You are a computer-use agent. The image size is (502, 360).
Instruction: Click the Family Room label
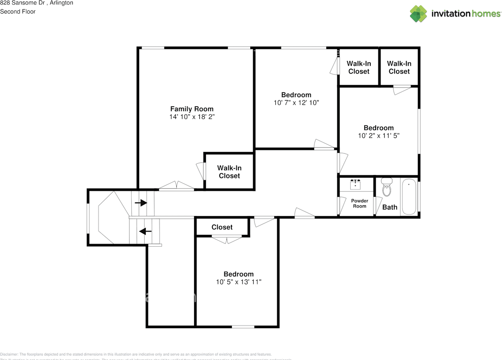point(192,109)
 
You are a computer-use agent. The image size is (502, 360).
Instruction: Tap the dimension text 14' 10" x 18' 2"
point(192,117)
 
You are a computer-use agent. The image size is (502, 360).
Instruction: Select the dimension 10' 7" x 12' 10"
point(296,103)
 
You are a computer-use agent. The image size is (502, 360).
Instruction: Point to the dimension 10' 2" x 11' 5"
point(378,136)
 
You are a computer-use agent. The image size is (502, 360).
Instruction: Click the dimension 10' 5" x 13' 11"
point(238,282)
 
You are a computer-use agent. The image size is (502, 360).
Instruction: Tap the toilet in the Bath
point(387,188)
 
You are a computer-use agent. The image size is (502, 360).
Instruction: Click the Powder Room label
point(359,203)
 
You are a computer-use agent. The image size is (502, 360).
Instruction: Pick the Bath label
point(389,207)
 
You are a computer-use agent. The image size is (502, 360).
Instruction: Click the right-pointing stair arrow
point(141,203)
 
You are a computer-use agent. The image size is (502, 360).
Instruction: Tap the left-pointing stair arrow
point(146,231)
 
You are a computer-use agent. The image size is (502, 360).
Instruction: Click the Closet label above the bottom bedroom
point(222,227)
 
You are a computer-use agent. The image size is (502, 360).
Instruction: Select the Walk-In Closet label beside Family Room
point(229,172)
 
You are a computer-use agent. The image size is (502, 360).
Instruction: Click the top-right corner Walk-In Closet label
point(399,67)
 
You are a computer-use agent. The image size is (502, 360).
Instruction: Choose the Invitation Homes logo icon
point(418,14)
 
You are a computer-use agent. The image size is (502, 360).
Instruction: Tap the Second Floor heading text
point(18,11)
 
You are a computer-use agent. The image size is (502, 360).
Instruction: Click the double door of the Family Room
point(176,186)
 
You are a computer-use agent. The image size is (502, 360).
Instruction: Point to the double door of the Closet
point(226,238)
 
